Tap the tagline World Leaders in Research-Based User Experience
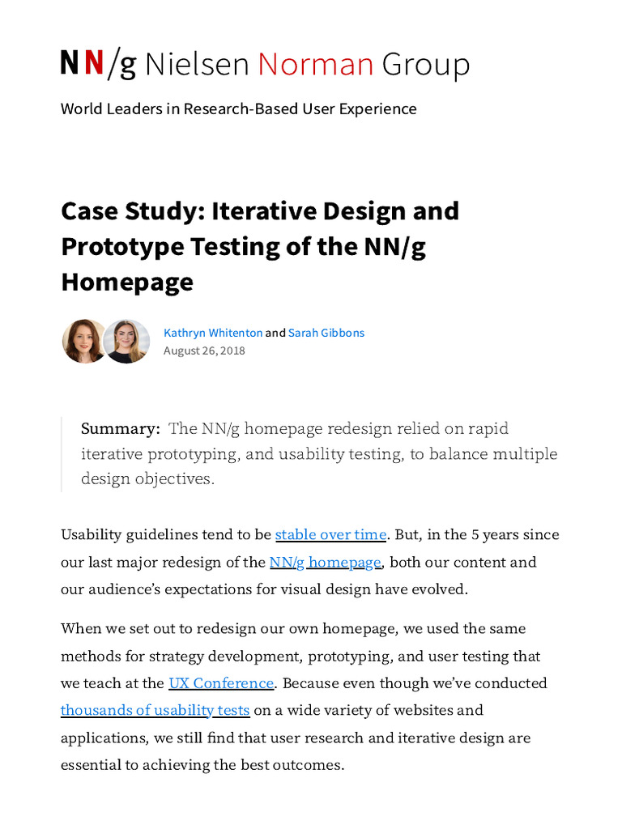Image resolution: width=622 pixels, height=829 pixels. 238,108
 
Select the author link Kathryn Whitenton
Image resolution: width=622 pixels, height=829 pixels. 213,333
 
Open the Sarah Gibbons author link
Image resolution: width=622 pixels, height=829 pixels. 326,333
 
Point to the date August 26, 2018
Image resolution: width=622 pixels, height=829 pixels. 204,351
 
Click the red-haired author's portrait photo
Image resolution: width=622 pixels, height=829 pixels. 83,341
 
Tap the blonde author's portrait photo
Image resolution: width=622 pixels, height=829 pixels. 127,341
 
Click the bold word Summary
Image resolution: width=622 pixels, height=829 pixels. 120,429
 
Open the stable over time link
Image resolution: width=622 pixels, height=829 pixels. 330,534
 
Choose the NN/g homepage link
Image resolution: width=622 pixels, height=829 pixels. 325,562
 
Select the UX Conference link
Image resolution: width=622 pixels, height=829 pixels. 221,683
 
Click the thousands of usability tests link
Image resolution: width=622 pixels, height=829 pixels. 155,711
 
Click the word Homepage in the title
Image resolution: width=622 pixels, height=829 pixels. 127,282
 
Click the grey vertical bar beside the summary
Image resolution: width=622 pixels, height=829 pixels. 62,454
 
